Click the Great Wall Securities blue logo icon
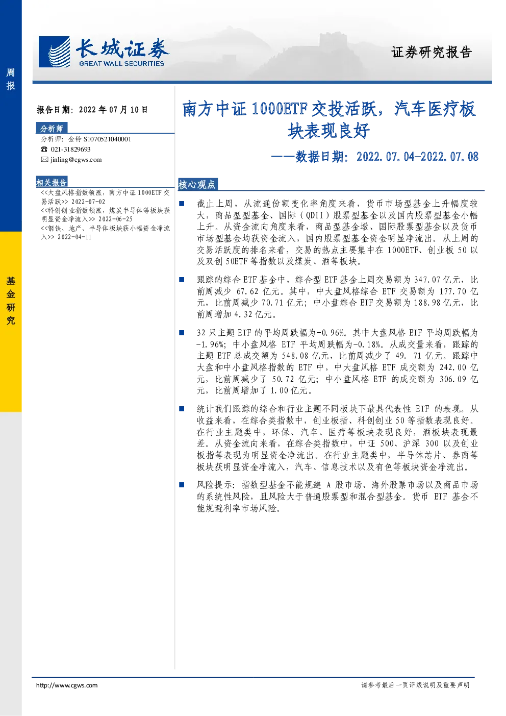click(x=54, y=52)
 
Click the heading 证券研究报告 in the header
click(x=432, y=52)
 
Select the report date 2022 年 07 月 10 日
click(x=113, y=110)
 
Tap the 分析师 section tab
click(x=52, y=128)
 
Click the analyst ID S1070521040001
click(x=107, y=139)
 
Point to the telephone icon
click(x=44, y=150)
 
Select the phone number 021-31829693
click(x=70, y=150)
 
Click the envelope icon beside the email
click(x=44, y=159)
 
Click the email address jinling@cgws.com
click(x=76, y=160)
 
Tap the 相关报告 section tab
click(x=52, y=182)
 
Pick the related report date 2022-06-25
click(x=115, y=219)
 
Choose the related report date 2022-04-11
click(x=74, y=237)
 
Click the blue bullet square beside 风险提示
click(x=182, y=485)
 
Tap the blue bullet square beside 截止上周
click(x=182, y=204)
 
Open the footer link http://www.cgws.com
click(x=67, y=685)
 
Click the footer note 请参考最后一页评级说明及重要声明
click(x=415, y=685)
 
